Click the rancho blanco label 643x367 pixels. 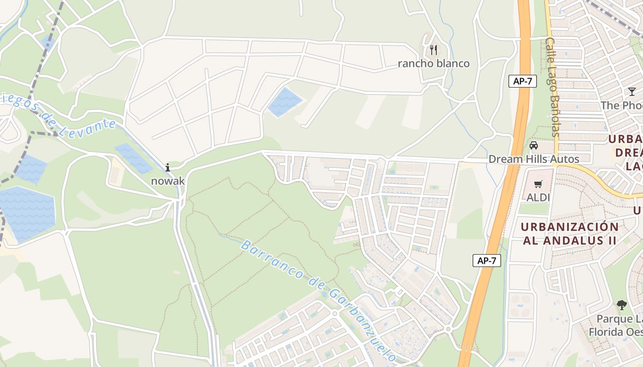click(x=434, y=63)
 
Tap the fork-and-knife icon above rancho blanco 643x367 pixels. click(x=433, y=50)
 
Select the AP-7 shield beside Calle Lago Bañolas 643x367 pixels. click(x=523, y=81)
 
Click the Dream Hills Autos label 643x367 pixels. click(x=534, y=159)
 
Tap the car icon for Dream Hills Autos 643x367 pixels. click(x=534, y=145)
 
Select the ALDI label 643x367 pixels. click(x=538, y=197)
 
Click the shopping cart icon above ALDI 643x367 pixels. click(x=538, y=184)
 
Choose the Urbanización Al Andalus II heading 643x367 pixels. click(x=570, y=234)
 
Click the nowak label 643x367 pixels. click(x=168, y=181)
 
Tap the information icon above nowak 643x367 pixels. click(x=168, y=167)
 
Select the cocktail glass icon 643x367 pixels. click(x=632, y=92)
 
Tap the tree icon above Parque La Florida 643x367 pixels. click(x=622, y=305)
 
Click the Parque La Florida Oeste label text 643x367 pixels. click(x=618, y=325)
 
